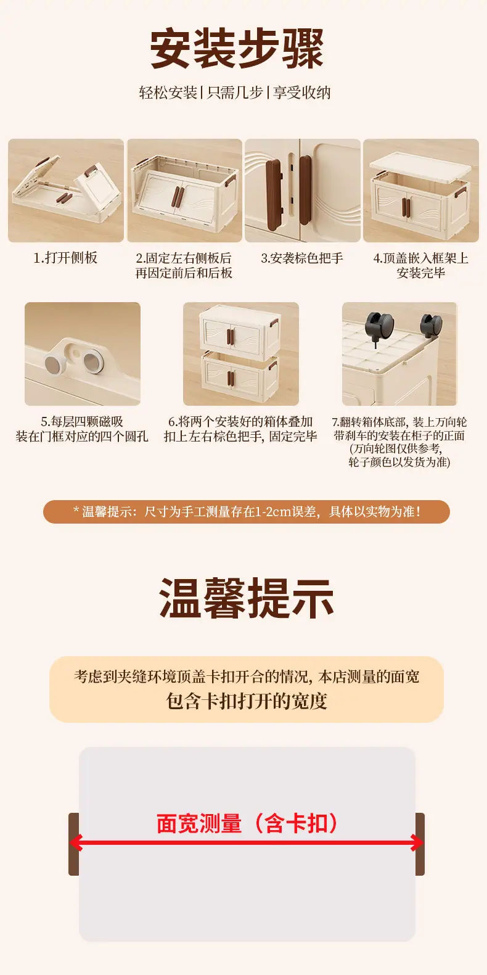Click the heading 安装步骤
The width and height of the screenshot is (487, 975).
click(237, 48)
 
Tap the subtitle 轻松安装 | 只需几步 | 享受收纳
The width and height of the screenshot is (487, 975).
click(235, 93)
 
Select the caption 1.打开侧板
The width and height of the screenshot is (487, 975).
click(66, 258)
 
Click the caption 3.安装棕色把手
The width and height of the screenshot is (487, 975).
click(302, 258)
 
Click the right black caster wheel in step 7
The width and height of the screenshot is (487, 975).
click(432, 325)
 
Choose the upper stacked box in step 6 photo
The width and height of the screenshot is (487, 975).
click(239, 329)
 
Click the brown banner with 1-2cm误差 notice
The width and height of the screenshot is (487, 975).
click(247, 512)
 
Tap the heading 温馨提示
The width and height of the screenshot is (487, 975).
click(247, 598)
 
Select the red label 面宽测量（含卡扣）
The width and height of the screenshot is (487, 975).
click(247, 823)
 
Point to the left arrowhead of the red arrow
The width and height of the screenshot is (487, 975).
click(75, 843)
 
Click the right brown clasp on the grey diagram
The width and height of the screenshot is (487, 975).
click(420, 844)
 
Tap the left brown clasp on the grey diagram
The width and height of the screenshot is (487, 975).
click(73, 844)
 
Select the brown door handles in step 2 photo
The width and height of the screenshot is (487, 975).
click(177, 197)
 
